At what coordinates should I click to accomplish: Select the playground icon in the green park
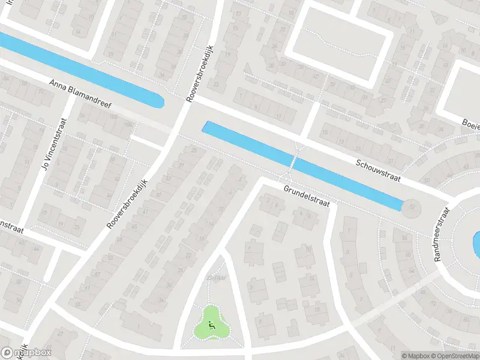[211, 325]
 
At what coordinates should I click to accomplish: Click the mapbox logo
[26, 353]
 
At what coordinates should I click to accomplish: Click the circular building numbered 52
[412, 208]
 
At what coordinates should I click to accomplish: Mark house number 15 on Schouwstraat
[325, 133]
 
